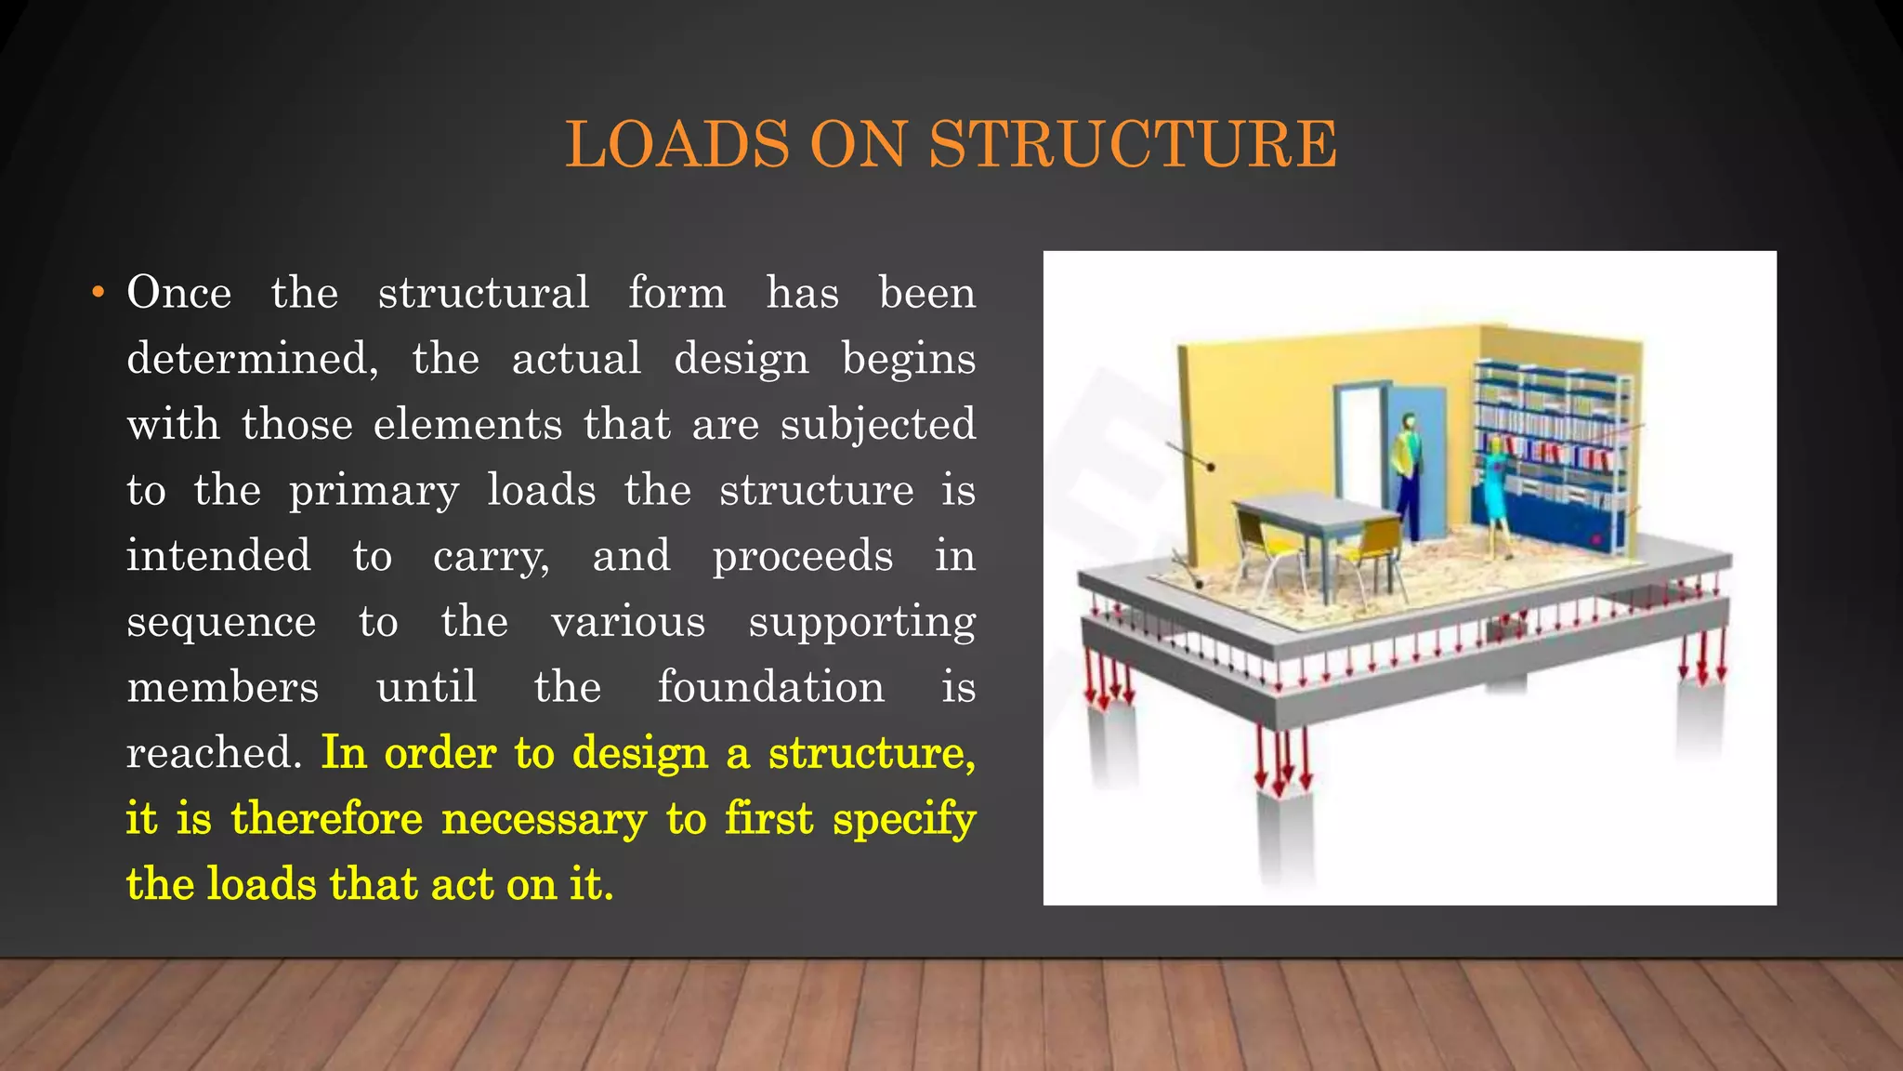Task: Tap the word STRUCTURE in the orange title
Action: tap(1133, 145)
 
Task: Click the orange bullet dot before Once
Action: tap(98, 293)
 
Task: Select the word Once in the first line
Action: tap(179, 293)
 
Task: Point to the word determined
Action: tap(252, 359)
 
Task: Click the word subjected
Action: tap(878, 426)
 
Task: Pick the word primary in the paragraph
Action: tap(374, 491)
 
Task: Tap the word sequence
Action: tap(221, 622)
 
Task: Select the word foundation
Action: tap(770, 688)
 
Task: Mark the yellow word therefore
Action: tap(326, 820)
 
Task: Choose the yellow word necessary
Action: tap(544, 820)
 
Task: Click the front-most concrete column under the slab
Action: tap(1284, 827)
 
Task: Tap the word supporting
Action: tap(861, 622)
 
